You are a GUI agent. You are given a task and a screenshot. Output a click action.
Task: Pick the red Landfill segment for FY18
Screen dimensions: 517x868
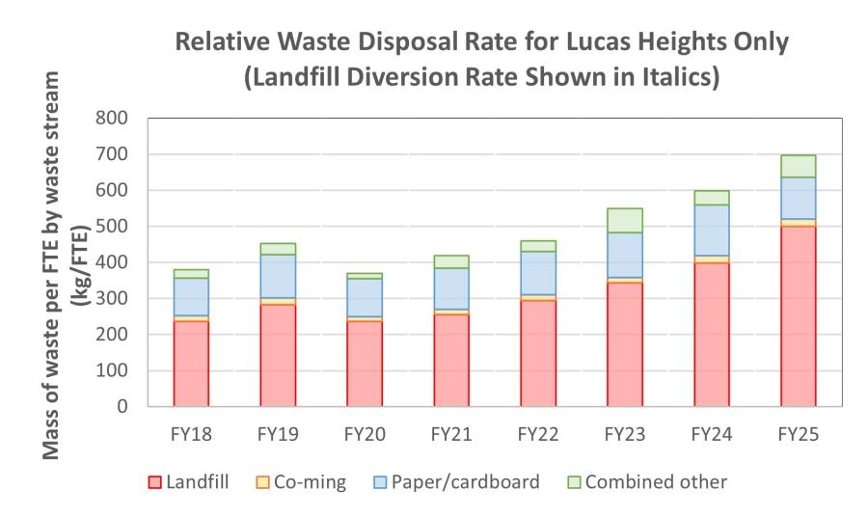191,363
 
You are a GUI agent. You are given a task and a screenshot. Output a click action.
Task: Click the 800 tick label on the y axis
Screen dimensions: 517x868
119,119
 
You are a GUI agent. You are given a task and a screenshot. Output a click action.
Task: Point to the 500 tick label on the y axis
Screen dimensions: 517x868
119,227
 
